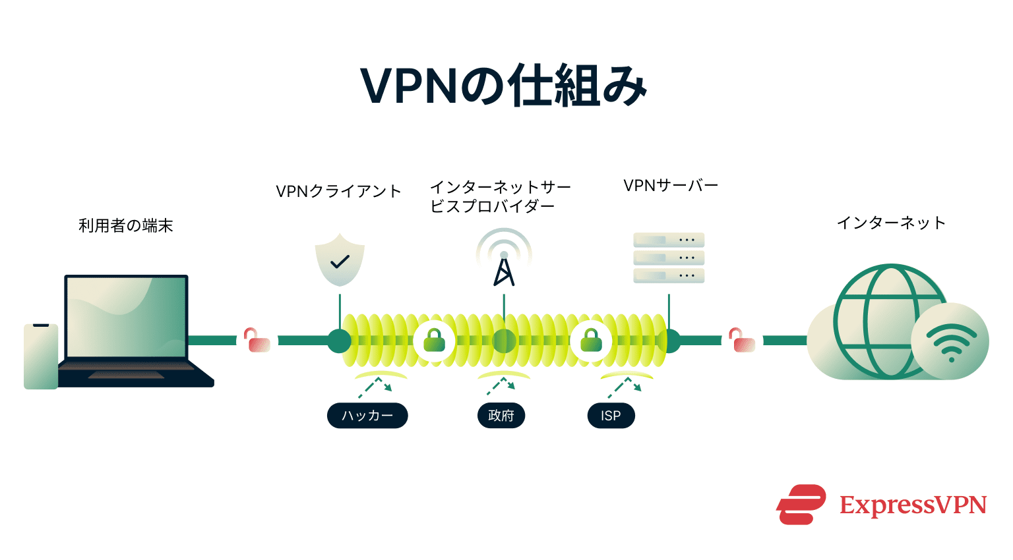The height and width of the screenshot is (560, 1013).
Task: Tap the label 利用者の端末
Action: (126, 226)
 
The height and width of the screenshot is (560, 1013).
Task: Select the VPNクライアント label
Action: (338, 192)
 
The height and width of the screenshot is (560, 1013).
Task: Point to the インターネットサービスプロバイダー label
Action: (500, 197)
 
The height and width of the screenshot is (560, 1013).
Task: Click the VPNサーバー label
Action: (671, 186)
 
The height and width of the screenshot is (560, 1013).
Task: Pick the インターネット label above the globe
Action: (891, 223)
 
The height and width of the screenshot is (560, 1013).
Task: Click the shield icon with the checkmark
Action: (340, 260)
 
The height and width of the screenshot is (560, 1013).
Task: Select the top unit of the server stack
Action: (669, 240)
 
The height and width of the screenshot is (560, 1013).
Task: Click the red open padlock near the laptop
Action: (257, 341)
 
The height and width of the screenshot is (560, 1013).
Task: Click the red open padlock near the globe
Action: (742, 341)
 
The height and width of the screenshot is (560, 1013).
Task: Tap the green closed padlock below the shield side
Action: (434, 340)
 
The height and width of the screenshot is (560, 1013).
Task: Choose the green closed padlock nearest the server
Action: (591, 340)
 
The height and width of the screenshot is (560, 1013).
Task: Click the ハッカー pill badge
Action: (367, 416)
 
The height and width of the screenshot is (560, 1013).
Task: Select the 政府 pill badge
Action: (501, 416)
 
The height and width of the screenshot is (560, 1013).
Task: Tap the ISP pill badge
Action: (611, 416)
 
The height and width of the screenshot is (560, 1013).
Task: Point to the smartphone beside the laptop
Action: (41, 356)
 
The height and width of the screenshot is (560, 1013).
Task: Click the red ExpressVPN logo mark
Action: (801, 505)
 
